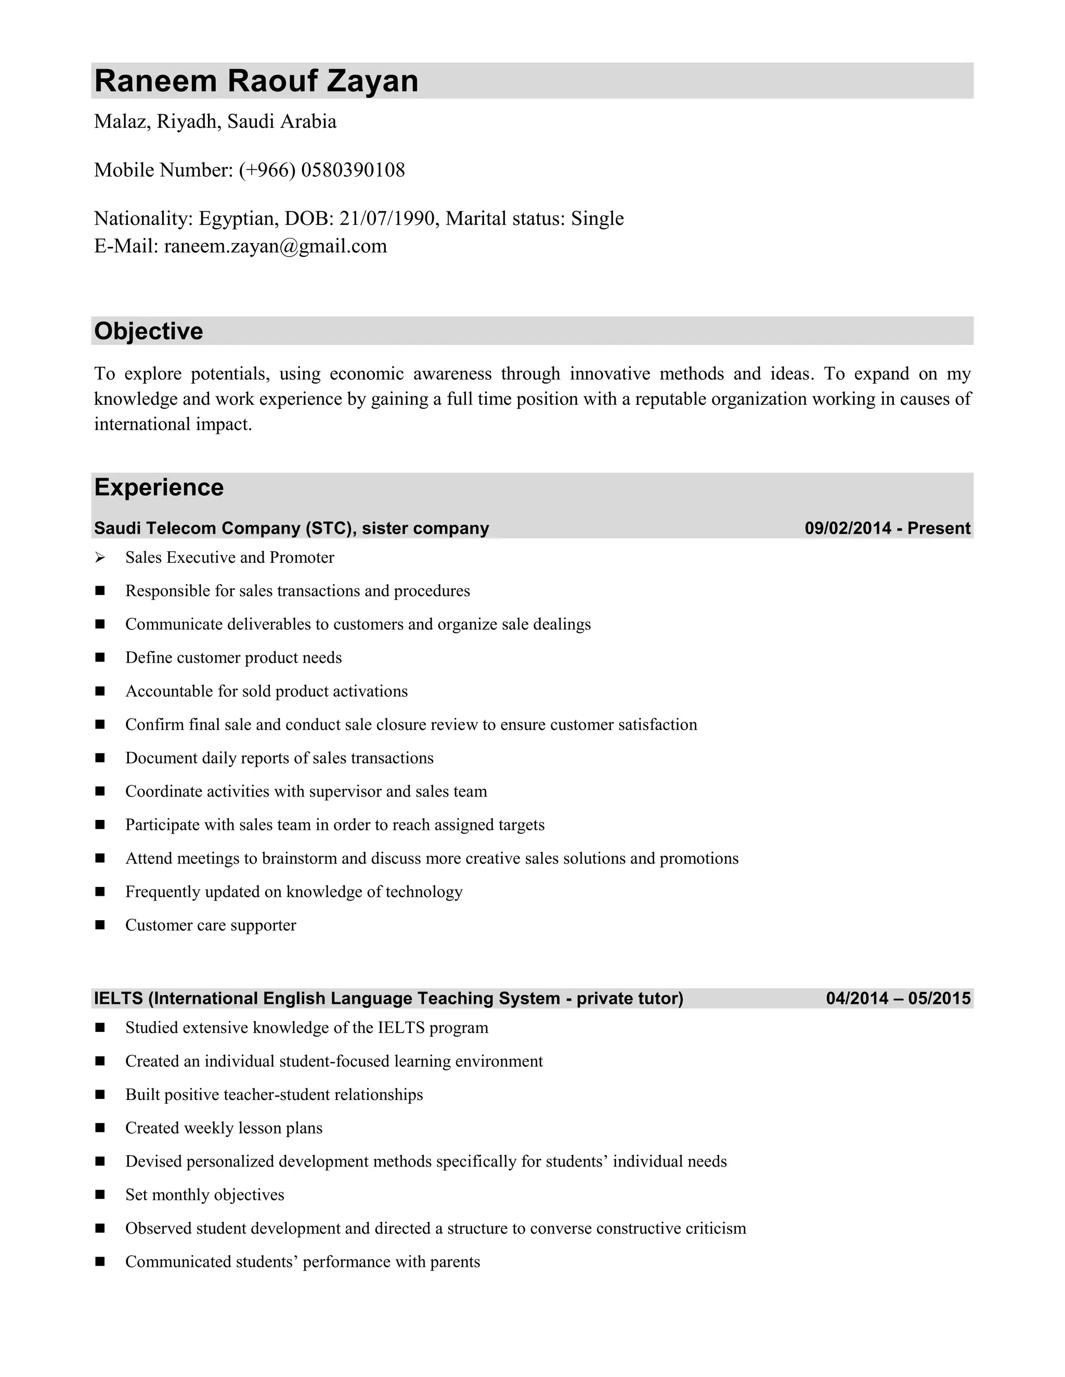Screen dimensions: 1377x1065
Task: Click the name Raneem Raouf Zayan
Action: pos(256,82)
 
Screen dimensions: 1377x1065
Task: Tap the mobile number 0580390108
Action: pos(353,170)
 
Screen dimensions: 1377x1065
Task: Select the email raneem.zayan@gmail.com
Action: pos(275,246)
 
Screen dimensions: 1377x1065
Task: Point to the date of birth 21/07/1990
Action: pos(387,218)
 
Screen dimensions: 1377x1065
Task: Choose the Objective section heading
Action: pos(148,331)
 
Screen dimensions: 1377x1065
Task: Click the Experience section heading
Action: pos(159,487)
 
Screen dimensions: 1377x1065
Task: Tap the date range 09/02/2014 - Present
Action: pos(887,528)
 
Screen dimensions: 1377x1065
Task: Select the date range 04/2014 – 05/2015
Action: pos(898,998)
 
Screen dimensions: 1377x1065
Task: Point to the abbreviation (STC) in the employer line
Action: pos(328,528)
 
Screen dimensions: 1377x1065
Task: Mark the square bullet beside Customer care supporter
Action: pos(100,925)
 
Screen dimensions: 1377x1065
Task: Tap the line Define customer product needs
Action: pos(233,658)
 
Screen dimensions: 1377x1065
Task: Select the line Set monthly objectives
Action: pos(204,1195)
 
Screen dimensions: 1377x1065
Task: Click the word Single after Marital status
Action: pos(597,218)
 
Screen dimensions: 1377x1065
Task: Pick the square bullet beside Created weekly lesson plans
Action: pos(100,1128)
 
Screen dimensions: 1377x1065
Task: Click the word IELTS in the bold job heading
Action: pos(119,998)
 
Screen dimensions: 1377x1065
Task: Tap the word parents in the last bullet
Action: pos(455,1262)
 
